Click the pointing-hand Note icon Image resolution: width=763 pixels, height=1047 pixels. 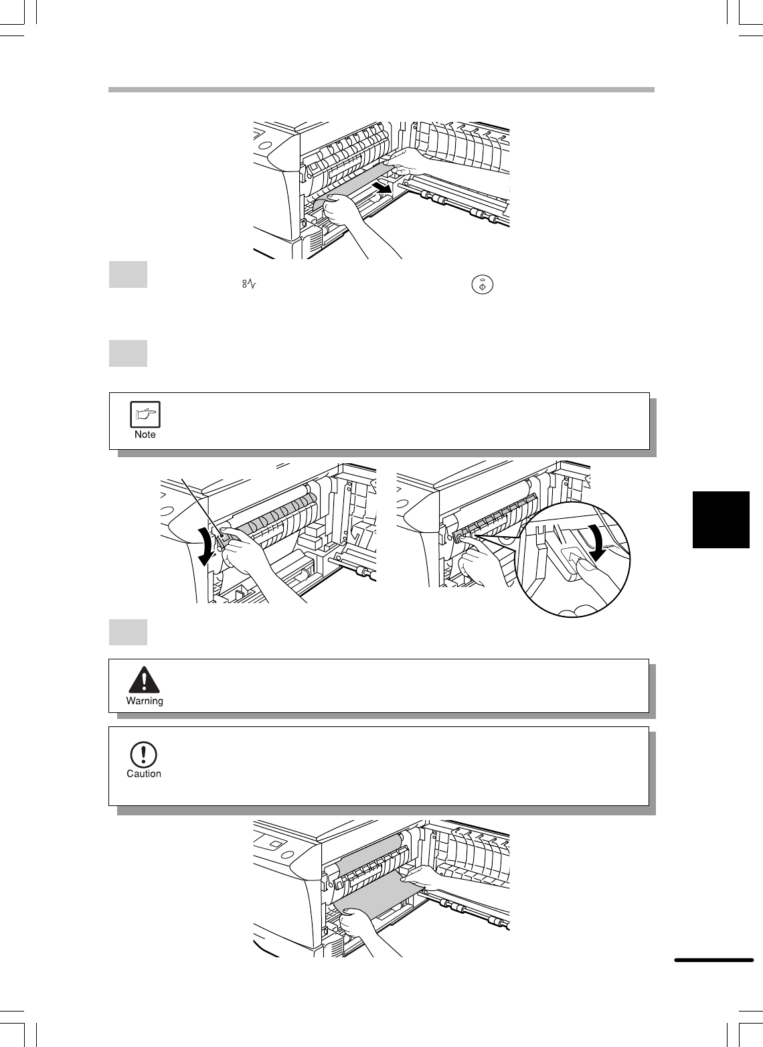coord(145,414)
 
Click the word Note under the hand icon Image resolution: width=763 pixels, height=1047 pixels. coord(145,434)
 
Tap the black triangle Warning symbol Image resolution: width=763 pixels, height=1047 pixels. coord(145,679)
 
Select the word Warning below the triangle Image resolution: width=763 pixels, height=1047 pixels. coord(145,701)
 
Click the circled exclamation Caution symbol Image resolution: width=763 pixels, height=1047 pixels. coord(143,754)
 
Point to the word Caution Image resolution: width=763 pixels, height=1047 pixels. coord(144,774)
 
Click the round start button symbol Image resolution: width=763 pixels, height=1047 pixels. coord(483,285)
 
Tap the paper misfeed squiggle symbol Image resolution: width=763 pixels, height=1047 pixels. coord(249,283)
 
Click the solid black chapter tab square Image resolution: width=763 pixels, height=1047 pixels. coord(721,519)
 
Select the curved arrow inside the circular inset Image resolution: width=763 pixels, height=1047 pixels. coord(598,543)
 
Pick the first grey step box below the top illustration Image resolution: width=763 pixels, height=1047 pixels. coord(128,274)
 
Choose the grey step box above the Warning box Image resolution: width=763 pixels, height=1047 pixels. coord(128,632)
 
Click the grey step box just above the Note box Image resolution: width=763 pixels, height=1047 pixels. coord(128,353)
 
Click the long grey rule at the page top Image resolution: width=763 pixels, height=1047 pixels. coord(381,90)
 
